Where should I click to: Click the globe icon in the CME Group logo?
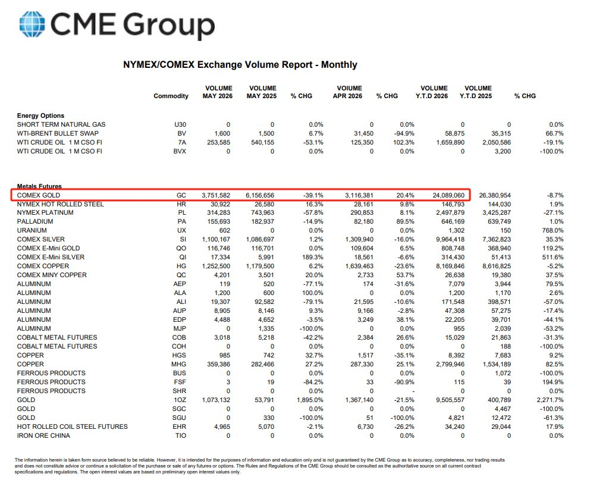(32, 24)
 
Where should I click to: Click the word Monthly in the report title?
(339, 65)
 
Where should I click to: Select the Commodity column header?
(171, 96)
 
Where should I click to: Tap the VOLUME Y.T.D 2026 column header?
(432, 92)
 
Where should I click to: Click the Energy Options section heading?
(40, 115)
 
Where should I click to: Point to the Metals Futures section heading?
(39, 186)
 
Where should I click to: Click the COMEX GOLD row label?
(39, 195)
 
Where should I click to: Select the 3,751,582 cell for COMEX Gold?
(216, 195)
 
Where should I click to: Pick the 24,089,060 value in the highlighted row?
(448, 195)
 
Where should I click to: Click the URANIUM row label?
(32, 230)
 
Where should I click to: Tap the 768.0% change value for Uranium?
(553, 230)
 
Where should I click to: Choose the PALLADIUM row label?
(35, 222)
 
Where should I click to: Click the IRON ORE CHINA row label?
(43, 435)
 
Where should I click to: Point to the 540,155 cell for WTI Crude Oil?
(263, 143)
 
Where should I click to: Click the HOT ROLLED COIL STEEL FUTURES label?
(72, 427)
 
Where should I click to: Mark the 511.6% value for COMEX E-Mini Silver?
(553, 258)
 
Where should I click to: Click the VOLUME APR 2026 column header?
(347, 92)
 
